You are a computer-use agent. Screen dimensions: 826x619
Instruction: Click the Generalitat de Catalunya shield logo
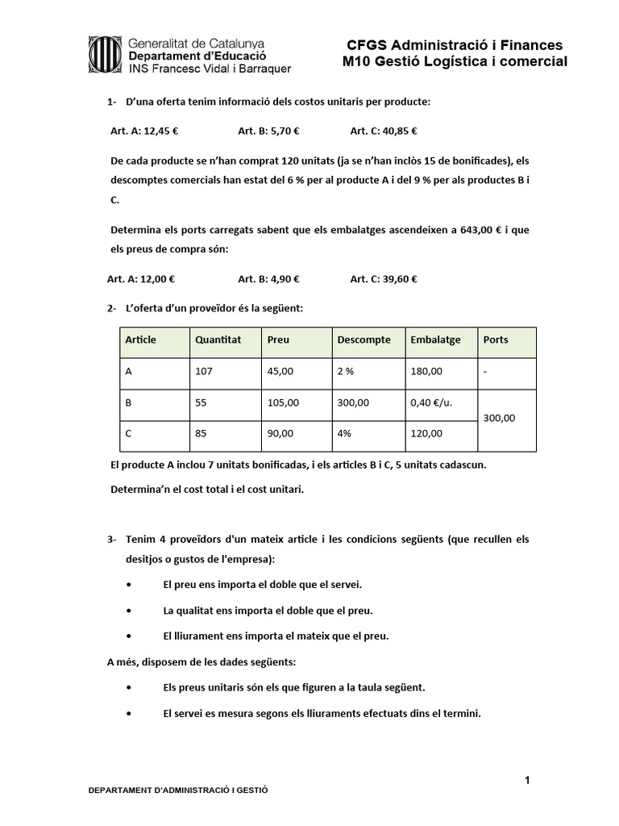click(105, 54)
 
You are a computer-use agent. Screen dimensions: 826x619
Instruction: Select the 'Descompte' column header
click(364, 340)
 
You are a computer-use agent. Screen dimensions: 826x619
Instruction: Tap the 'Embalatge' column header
click(435, 340)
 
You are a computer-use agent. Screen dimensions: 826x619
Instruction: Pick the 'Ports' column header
click(496, 340)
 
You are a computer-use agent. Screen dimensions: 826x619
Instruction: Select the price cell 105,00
click(280, 403)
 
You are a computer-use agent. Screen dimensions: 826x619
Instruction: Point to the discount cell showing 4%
click(344, 433)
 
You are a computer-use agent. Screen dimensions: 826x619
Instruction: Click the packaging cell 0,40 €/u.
click(428, 403)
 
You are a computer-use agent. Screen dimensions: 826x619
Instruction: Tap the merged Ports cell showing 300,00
click(499, 418)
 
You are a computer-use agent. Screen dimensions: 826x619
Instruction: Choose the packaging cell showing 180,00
click(426, 372)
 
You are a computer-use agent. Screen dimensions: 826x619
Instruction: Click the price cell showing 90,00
click(278, 433)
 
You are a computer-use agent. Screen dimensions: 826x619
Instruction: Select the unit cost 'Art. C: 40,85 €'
click(383, 130)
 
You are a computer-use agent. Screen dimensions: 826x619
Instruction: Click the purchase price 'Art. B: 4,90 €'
click(268, 279)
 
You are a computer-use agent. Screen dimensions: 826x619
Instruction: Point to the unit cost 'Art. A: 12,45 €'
click(143, 130)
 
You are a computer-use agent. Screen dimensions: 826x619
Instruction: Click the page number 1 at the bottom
click(526, 780)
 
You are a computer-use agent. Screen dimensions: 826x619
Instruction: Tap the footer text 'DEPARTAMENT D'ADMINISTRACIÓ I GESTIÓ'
click(178, 791)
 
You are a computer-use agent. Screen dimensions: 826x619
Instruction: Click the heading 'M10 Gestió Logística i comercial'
click(455, 61)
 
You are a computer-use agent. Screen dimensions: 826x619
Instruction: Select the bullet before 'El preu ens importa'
click(131, 583)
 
